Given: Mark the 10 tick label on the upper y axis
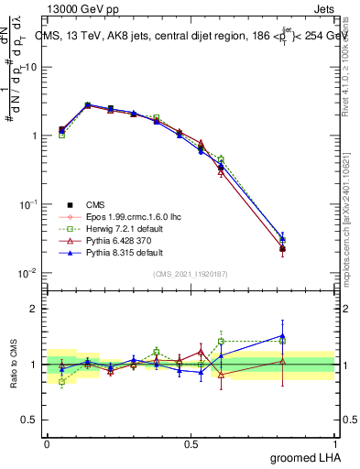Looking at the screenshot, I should click(x=31, y=67).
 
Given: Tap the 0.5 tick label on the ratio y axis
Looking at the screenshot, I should click(x=32, y=420).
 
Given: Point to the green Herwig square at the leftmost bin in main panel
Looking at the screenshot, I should click(x=61, y=135).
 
